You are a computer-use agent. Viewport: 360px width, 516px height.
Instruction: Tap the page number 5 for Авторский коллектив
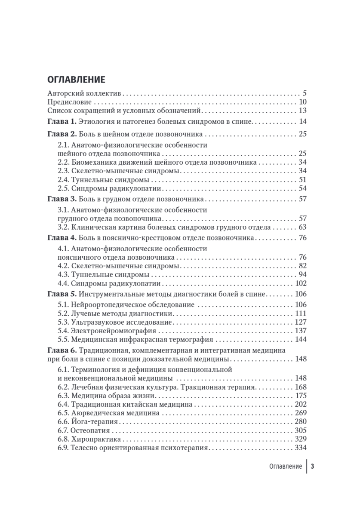[304, 93]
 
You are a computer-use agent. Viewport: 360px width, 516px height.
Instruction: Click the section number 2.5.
[63, 188]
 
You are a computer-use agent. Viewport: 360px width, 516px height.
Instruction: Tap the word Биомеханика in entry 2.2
[93, 163]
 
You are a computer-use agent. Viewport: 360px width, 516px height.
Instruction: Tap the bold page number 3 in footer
[313, 467]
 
